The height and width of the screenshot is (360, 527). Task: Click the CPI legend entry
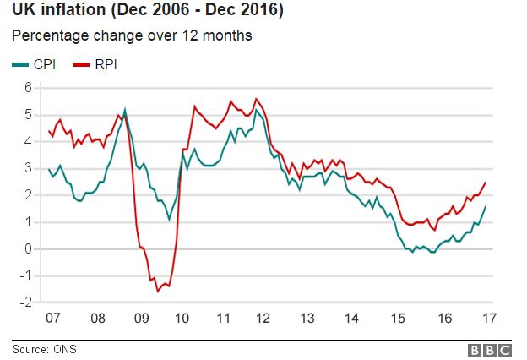(34, 64)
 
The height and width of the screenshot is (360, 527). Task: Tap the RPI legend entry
(94, 64)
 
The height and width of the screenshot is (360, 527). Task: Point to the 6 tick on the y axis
(27, 87)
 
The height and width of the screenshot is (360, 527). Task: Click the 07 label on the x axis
(54, 319)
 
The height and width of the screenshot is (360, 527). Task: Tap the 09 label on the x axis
(141, 319)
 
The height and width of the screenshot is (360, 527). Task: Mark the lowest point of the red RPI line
(157, 292)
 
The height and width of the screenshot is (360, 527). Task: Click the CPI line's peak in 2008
(125, 109)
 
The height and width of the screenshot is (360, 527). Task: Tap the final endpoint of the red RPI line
(485, 183)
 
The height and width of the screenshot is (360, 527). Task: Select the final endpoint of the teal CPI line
(485, 206)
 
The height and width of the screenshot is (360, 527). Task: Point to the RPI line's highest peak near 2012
(256, 99)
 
